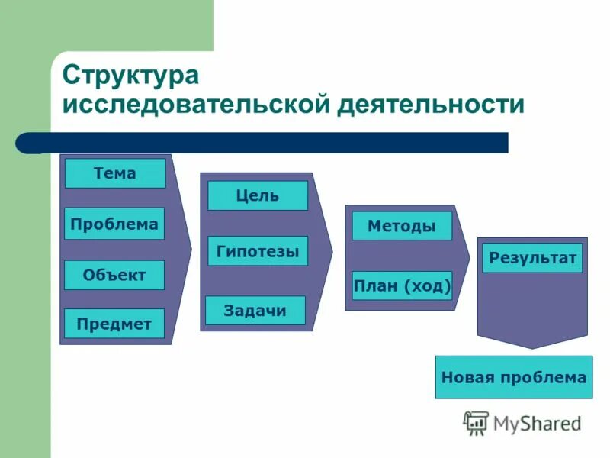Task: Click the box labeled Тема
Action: tap(114, 173)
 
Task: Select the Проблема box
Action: tap(114, 224)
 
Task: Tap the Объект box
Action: tap(114, 275)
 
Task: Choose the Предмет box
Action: tap(114, 324)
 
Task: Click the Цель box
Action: tap(258, 195)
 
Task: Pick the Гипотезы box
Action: tap(258, 250)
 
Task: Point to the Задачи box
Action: tap(255, 311)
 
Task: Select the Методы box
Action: tap(402, 226)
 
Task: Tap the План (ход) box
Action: tap(402, 285)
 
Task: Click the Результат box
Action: tap(533, 258)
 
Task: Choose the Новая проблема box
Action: tap(514, 377)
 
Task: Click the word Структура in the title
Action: tap(130, 76)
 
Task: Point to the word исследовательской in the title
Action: tap(194, 105)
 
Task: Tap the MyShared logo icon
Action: tap(476, 422)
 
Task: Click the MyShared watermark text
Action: tap(537, 423)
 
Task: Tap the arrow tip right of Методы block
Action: tap(466, 257)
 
